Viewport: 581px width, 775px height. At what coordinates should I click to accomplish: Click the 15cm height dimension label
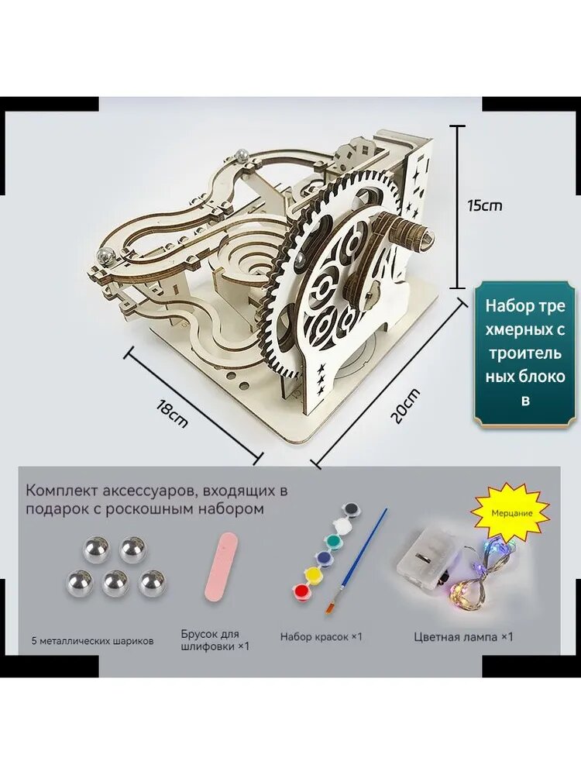pyautogui.click(x=485, y=205)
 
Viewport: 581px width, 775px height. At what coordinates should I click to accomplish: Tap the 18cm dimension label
pyautogui.click(x=171, y=414)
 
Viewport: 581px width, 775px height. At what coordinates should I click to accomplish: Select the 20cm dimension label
pyautogui.click(x=404, y=406)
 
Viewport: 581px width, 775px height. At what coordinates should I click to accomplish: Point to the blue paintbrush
pyautogui.click(x=355, y=561)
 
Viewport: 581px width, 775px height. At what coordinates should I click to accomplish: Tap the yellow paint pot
pyautogui.click(x=313, y=575)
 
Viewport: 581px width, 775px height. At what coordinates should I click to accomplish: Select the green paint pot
pyautogui.click(x=333, y=540)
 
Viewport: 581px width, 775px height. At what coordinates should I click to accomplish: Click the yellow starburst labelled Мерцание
pyautogui.click(x=511, y=512)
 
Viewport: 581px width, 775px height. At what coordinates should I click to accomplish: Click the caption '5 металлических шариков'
pyautogui.click(x=92, y=641)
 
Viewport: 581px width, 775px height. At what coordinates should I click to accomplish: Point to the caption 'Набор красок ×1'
pyautogui.click(x=321, y=636)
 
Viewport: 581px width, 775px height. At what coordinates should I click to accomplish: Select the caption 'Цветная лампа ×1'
pyautogui.click(x=463, y=636)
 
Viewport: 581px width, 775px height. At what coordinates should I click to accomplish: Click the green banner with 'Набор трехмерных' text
pyautogui.click(x=524, y=353)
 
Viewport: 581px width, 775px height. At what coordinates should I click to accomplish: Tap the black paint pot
pyautogui.click(x=351, y=508)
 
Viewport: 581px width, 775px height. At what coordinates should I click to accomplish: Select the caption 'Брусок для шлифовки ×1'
pyautogui.click(x=215, y=640)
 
